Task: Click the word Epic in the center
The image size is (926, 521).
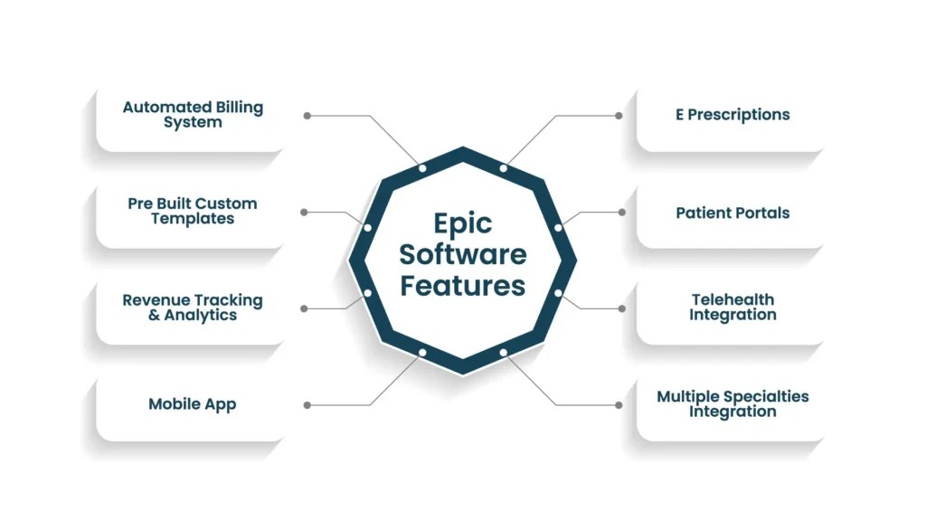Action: click(462, 223)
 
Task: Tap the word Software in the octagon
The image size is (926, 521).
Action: click(462, 254)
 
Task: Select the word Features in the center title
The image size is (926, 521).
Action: click(462, 286)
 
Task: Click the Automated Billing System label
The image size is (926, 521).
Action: click(193, 115)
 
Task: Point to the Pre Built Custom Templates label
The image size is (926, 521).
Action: click(193, 211)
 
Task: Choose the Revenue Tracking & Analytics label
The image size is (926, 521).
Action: click(193, 308)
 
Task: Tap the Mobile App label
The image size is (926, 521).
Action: click(193, 404)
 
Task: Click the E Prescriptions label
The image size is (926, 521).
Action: click(732, 115)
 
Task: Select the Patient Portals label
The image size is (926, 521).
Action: click(732, 213)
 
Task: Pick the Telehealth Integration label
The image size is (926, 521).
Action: click(732, 308)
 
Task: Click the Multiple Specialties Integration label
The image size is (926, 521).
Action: click(732, 404)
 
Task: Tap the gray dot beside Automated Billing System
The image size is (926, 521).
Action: click(307, 116)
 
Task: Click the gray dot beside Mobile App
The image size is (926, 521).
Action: click(307, 405)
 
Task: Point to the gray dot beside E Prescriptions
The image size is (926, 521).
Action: click(619, 116)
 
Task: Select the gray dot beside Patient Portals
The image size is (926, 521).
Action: click(621, 213)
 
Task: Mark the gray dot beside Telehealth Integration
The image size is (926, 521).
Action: click(621, 308)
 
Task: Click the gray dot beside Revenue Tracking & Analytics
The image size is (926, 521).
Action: click(304, 308)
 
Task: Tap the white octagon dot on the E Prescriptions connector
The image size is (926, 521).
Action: click(504, 168)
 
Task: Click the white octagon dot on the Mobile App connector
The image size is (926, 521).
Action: click(422, 352)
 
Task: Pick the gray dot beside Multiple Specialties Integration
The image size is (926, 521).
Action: click(619, 405)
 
